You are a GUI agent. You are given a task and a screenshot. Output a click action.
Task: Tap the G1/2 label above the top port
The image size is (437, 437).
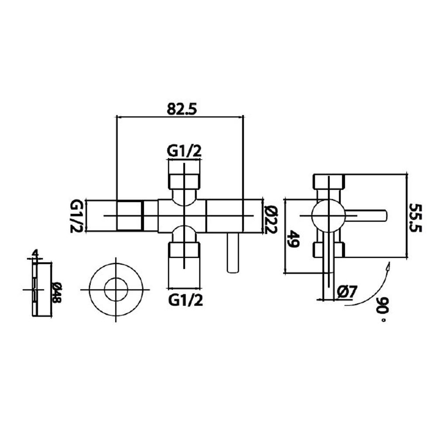[184, 151]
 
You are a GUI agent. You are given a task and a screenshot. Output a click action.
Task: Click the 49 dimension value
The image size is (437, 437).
[293, 239]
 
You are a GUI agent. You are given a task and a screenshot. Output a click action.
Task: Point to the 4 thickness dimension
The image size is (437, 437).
[35, 254]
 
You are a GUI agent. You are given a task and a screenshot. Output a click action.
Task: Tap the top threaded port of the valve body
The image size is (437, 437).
[184, 175]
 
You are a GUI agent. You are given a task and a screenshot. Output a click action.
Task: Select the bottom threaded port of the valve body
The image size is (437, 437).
[184, 256]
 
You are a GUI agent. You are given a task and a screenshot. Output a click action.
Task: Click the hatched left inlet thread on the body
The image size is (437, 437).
[130, 215]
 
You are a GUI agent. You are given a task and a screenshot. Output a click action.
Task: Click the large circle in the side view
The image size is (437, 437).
[328, 216]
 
